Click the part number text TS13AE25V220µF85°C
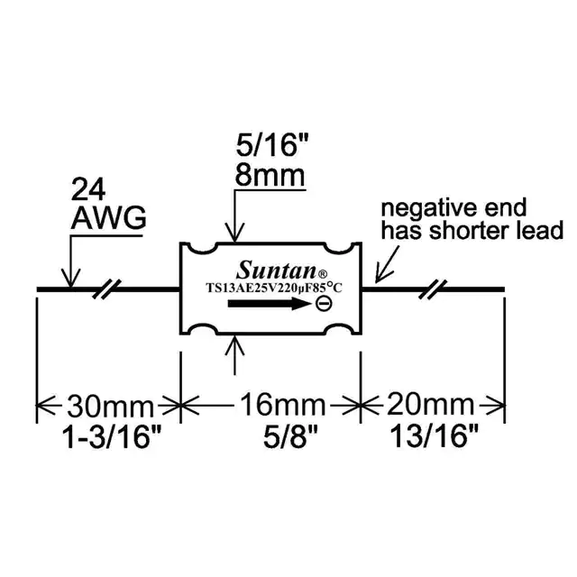pos(271,288)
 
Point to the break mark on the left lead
pos(108,289)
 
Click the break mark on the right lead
pos(435,289)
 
